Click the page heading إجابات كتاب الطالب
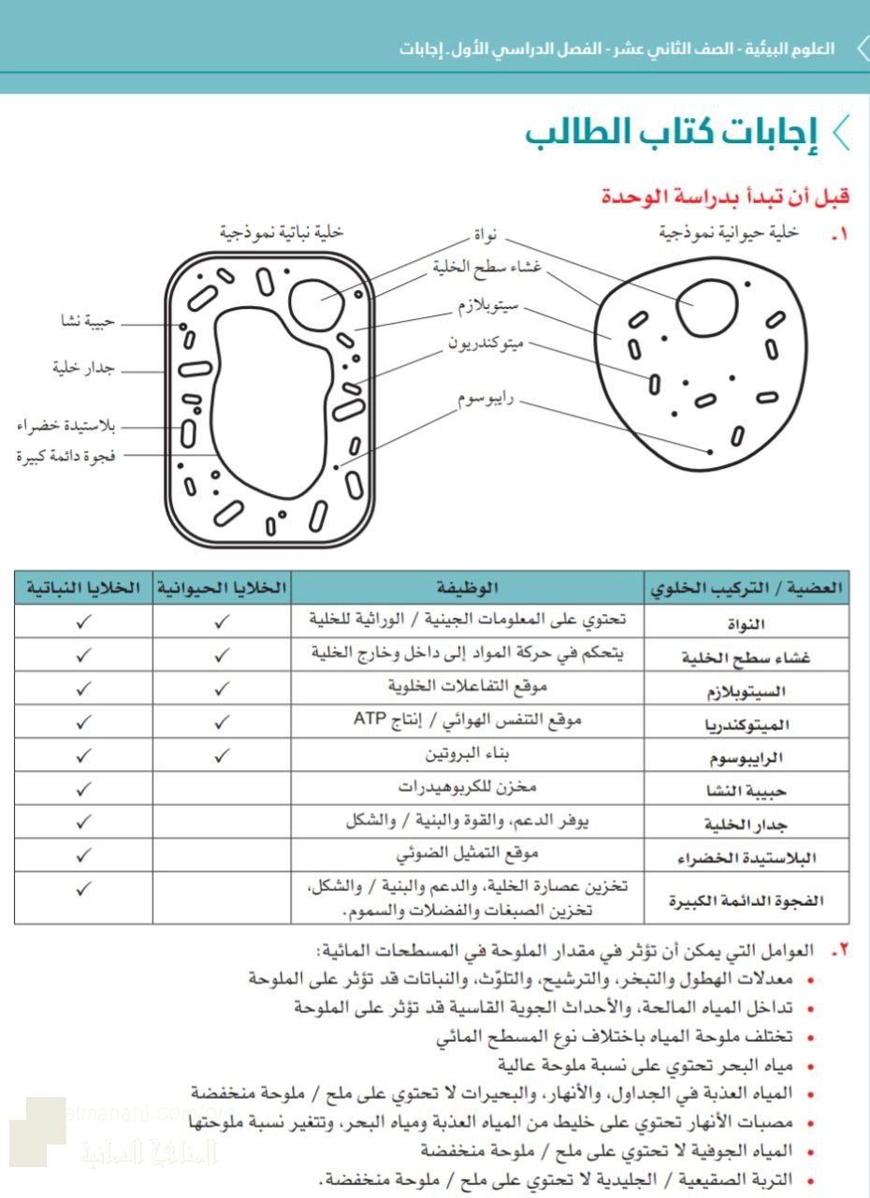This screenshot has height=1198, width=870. [x=672, y=132]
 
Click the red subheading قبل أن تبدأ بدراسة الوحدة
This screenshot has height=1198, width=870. [x=725, y=197]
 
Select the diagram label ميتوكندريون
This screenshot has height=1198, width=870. [x=486, y=343]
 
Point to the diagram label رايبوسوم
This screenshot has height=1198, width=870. [x=485, y=400]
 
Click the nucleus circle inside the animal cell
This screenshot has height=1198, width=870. [x=699, y=306]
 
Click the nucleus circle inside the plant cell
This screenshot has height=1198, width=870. [x=320, y=299]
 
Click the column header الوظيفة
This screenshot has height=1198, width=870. [x=467, y=588]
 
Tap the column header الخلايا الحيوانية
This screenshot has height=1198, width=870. [x=221, y=588]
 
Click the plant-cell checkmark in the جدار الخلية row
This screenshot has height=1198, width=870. [x=83, y=823]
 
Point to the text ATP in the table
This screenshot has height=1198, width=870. [x=369, y=720]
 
